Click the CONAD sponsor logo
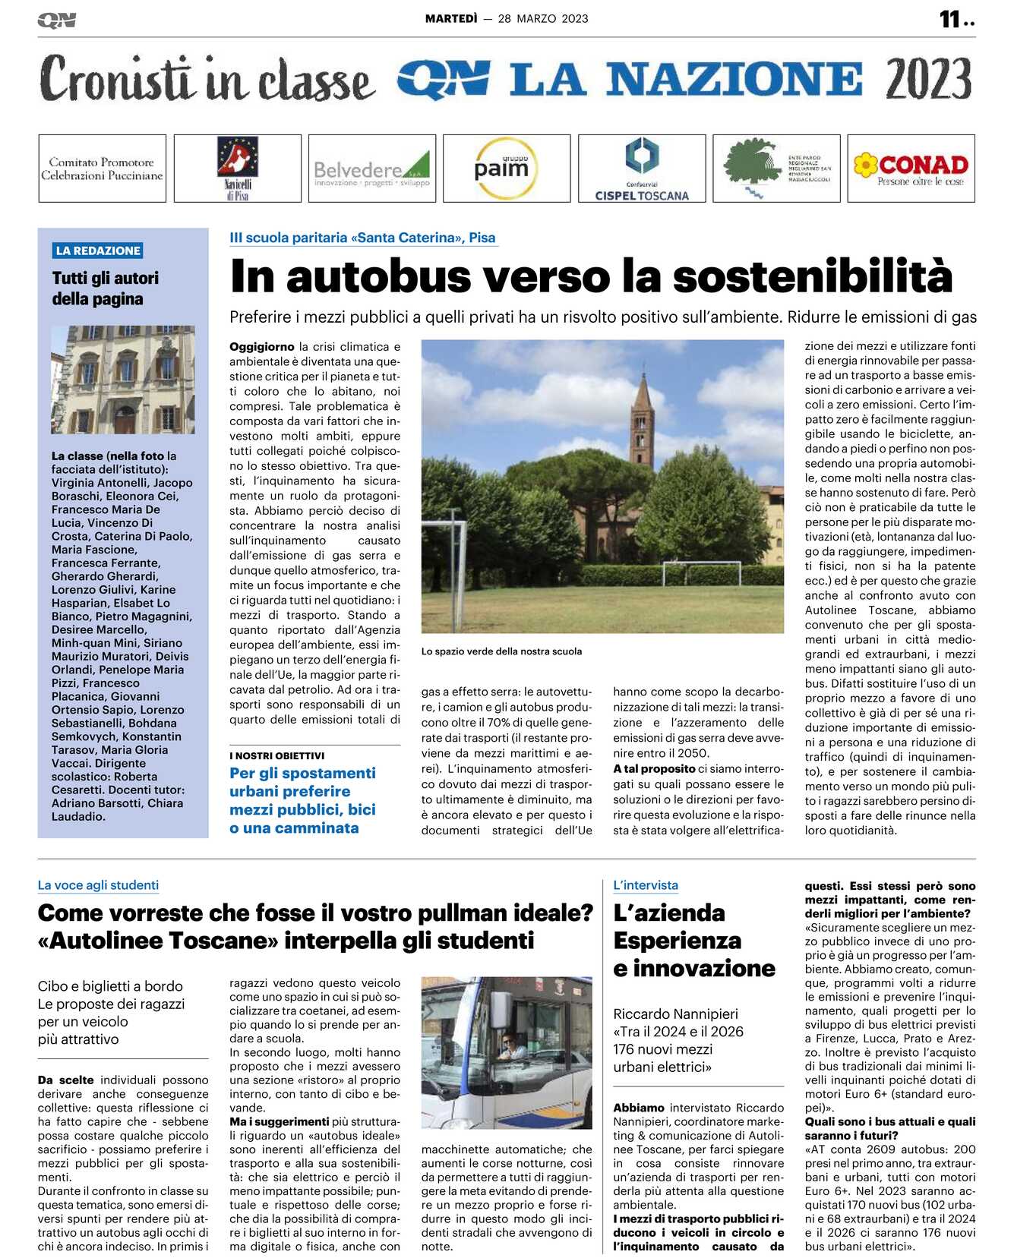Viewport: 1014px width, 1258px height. [911, 169]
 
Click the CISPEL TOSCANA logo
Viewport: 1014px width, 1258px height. [642, 169]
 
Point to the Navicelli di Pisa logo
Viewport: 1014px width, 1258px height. [237, 168]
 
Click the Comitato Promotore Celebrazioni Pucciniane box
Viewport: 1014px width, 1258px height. [102, 169]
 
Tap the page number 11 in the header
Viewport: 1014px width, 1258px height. [950, 19]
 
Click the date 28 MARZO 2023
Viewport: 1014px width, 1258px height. [543, 19]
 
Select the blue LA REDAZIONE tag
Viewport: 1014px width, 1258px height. [98, 251]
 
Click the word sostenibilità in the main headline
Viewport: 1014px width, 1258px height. [813, 276]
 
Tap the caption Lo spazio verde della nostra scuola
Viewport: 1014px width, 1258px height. [501, 651]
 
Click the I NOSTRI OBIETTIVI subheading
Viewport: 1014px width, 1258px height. [277, 755]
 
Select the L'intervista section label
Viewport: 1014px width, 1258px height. [646, 885]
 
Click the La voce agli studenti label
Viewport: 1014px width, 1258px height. [98, 885]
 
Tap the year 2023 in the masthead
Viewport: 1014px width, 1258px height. [928, 79]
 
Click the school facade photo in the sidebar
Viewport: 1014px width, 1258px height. [123, 380]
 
